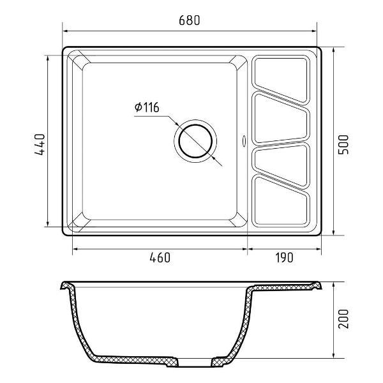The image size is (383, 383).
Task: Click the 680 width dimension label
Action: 190,20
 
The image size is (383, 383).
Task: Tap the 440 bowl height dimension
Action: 40,144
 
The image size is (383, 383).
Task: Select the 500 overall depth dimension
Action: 343,144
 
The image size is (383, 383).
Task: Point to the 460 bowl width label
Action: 160,258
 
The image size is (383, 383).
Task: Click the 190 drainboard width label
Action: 285,258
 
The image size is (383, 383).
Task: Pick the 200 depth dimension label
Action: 343,319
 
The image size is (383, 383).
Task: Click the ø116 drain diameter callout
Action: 147,107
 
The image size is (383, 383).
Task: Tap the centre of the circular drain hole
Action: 195,141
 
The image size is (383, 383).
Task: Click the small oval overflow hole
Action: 244,141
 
